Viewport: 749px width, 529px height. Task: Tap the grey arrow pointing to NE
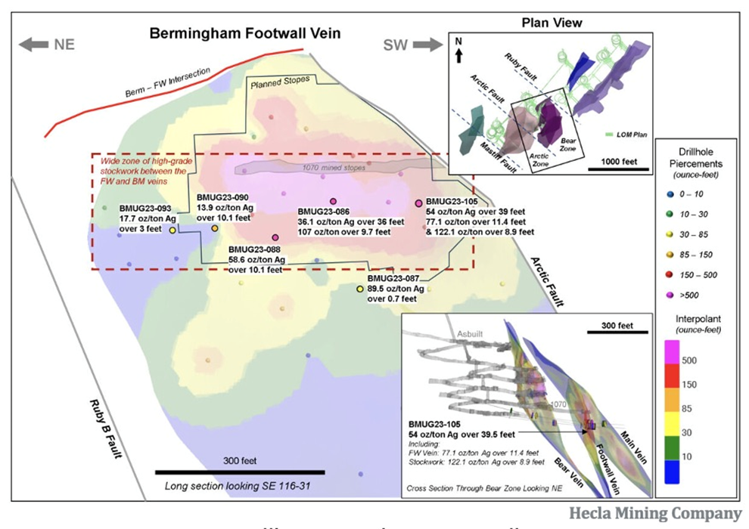pyautogui.click(x=34, y=45)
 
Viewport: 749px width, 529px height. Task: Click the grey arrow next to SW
pyautogui.click(x=427, y=45)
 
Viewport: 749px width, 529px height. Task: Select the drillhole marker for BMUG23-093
pyautogui.click(x=172, y=230)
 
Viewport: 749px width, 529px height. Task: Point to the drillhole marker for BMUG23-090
pyautogui.click(x=215, y=228)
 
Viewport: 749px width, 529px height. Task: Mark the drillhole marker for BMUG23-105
pyautogui.click(x=418, y=203)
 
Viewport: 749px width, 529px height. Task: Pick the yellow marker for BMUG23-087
pyautogui.click(x=360, y=289)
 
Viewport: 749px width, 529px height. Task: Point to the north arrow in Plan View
pyautogui.click(x=458, y=55)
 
